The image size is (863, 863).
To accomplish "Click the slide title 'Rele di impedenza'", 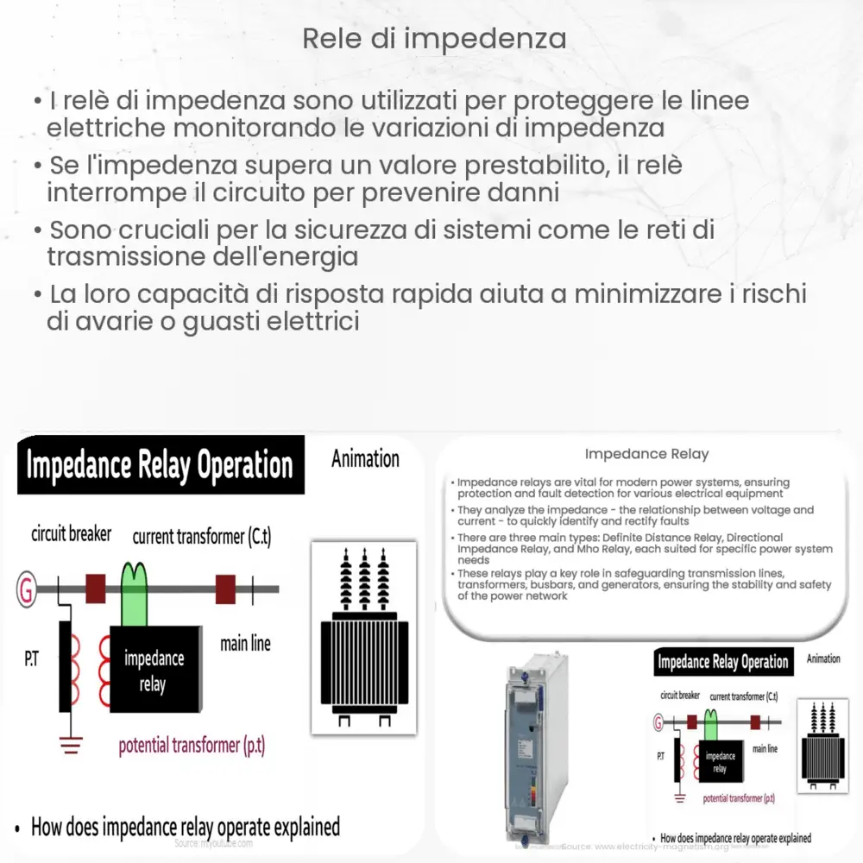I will coord(434,39).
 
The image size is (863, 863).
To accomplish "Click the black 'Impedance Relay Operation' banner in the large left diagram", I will coord(160,465).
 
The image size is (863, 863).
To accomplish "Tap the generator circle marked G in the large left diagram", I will coord(27,590).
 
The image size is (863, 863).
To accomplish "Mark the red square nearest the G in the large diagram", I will coord(95,589).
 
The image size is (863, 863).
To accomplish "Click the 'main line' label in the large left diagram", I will coord(245,643).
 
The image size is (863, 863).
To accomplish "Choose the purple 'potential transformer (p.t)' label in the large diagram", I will coord(192,746).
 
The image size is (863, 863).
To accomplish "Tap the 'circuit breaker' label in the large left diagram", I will coord(71,534).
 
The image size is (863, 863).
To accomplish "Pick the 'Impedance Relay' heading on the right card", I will coord(646,454).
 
